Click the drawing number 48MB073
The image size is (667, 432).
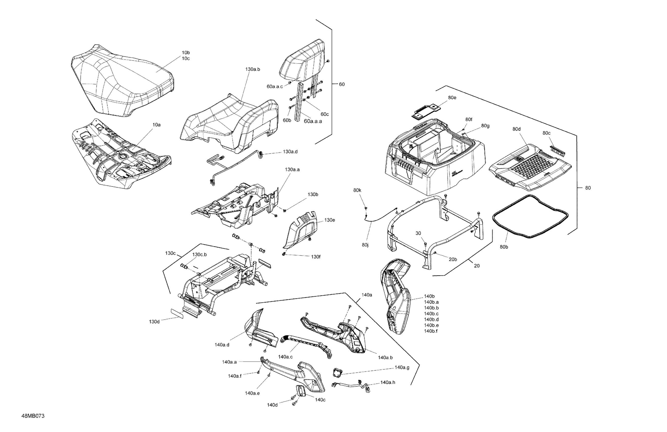pos(33,416)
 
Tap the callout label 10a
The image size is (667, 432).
pos(156,125)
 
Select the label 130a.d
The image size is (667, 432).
pos(290,152)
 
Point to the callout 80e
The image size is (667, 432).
pos(452,98)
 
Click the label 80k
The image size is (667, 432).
pos(357,190)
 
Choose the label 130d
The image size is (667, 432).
pos(154,322)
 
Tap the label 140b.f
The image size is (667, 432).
pos(431,331)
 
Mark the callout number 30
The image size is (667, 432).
pos(418,233)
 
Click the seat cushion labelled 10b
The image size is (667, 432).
pos(123,81)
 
